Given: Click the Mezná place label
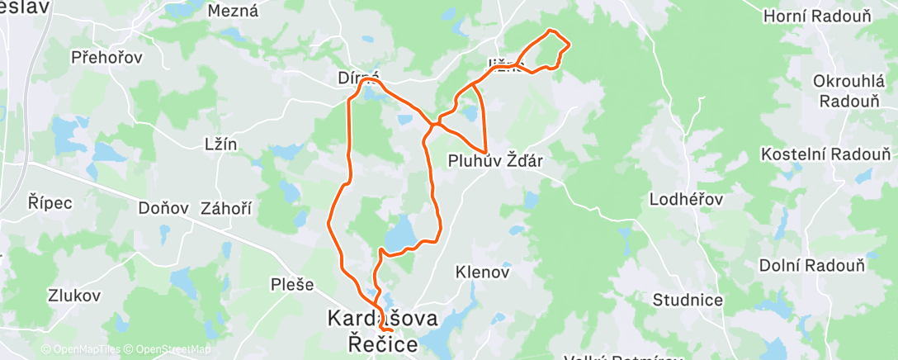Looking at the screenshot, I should pos(233,11).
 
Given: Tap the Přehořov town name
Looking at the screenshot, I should pos(106,57).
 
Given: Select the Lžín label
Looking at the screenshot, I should pos(220,144).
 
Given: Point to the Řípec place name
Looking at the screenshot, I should pos(50,202).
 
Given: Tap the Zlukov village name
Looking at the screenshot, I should pos(74,295).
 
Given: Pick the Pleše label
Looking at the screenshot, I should pos(292,285).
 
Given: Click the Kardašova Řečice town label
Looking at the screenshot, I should pos(384,330).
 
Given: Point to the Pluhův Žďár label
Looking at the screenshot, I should pos(495,160).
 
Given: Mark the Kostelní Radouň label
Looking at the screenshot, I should pos(825,154).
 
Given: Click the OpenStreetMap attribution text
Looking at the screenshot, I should pos(169,349).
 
